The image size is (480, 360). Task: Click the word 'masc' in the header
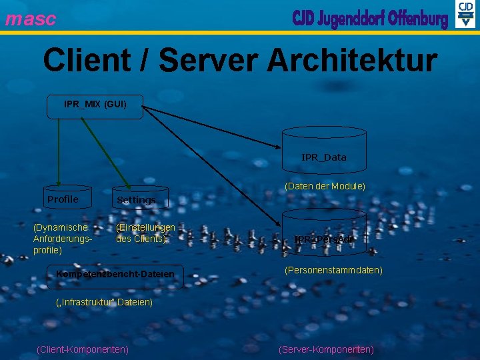[x=31, y=19]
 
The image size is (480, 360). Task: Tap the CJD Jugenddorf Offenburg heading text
[x=370, y=18]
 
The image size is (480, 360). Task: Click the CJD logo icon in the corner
[x=465, y=15]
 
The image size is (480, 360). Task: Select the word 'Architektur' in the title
[x=352, y=61]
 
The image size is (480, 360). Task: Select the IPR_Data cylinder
[x=324, y=157]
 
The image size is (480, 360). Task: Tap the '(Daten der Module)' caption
[x=325, y=186]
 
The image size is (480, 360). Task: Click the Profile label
[x=63, y=199]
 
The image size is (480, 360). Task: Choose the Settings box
[x=137, y=199]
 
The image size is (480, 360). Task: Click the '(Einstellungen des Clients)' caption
[x=145, y=233]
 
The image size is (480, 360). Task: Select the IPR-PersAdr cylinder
[x=324, y=238]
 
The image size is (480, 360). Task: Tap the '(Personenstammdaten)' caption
[x=333, y=270]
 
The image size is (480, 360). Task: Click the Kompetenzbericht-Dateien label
[x=115, y=274]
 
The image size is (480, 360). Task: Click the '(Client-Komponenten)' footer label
[x=83, y=349]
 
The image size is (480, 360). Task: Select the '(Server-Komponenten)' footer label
[x=326, y=349]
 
